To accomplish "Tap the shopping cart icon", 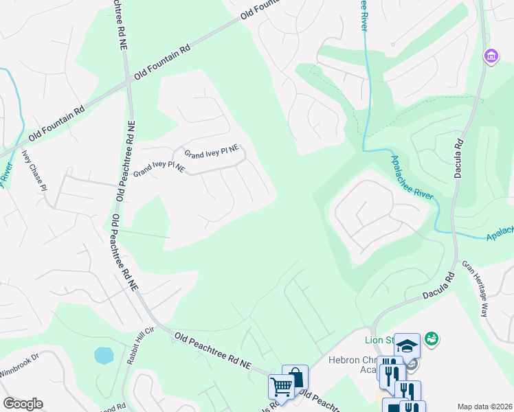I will coord(281,387).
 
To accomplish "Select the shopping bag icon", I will coord(295,377).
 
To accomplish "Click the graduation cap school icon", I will coord(407,345).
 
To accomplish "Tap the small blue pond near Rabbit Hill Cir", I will coord(103,355).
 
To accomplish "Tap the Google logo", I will coord(23,404).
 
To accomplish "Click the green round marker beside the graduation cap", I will coord(432,338).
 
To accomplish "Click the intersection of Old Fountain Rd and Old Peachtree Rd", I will coord(128,81).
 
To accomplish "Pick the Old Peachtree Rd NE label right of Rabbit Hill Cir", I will coord(214,350).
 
